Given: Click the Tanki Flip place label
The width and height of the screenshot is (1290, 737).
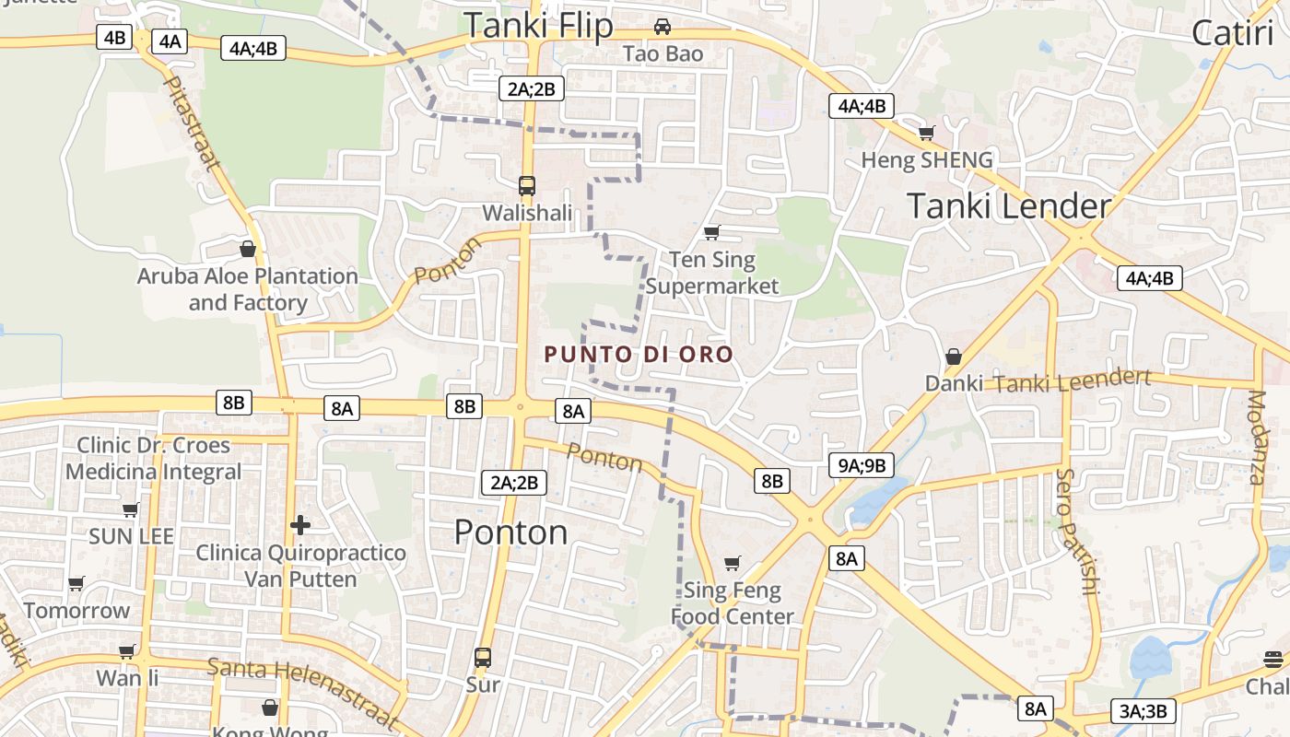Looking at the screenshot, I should coord(538,26).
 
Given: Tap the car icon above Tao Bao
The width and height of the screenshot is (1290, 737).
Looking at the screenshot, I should coord(662,27).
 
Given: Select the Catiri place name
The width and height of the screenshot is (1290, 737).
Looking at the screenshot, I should coord(1232,33).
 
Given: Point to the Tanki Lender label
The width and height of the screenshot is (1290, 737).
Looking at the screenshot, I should coord(1009,205).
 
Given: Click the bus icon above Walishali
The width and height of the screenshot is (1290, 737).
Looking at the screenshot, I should coord(527,186).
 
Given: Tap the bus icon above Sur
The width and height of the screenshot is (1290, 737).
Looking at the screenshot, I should coord(483,658).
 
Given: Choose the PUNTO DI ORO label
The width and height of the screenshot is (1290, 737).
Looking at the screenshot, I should coord(639,355).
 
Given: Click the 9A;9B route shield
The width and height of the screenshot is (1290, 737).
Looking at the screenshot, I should coord(862,465).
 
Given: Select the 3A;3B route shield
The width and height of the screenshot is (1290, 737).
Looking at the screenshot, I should coord(1143,711).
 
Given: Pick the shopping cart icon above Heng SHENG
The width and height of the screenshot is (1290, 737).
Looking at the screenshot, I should coord(927,134).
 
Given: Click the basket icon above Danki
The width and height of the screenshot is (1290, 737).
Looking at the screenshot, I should coord(954,356).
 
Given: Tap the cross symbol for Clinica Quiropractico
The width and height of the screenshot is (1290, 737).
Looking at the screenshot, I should coord(300,525).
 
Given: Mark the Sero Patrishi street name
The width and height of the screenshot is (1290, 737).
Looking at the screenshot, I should coord(1073,532).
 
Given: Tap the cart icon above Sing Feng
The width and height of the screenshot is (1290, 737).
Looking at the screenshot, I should coord(733,563).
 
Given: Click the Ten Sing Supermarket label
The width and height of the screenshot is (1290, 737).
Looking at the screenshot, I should coord(712,273).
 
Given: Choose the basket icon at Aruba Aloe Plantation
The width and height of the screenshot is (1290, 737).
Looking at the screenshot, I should coord(247,249).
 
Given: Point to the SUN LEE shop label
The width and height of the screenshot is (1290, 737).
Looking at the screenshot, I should coord(131,536).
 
